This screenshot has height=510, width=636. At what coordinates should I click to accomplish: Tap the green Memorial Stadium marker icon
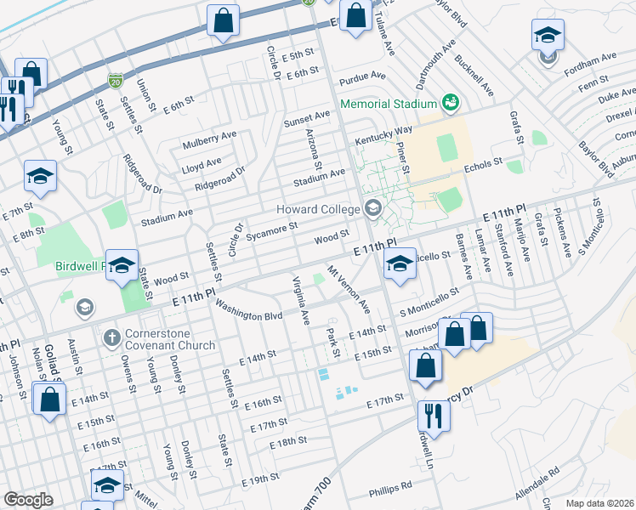pyautogui.click(x=451, y=104)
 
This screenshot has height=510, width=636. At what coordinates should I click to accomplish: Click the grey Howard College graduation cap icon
pyautogui.click(x=372, y=208)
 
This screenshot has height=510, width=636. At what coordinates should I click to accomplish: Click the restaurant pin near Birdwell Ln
pyautogui.click(x=433, y=417)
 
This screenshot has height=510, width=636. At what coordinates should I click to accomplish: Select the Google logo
pyautogui.click(x=28, y=499)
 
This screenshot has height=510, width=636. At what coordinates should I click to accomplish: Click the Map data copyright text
pyautogui.click(x=599, y=503)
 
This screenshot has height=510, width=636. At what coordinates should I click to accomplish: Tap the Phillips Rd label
pyautogui.click(x=390, y=490)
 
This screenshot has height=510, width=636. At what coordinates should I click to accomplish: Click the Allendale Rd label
pyautogui.click(x=537, y=483)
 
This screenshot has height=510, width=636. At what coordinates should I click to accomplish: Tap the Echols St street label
pyautogui.click(x=484, y=167)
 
